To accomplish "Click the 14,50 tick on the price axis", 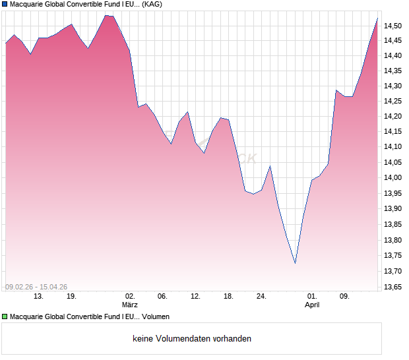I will [x=394, y=26].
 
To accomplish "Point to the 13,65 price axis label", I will [x=394, y=287].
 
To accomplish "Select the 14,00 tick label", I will [x=394, y=178].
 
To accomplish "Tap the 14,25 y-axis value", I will [x=394, y=101].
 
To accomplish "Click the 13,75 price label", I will [x=394, y=256].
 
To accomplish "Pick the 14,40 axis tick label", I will [x=394, y=55].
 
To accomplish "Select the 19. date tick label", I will [x=71, y=297].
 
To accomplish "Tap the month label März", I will [x=130, y=305].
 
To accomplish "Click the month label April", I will [x=312, y=305].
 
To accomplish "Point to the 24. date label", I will [x=261, y=297].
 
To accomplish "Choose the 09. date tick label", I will [x=344, y=297].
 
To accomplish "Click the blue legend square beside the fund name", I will [x=5, y=4].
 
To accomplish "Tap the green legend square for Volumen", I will [x=5, y=317].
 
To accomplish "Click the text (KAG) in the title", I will [x=152, y=4].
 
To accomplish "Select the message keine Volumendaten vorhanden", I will [x=192, y=339].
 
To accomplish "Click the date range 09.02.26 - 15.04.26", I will [x=36, y=287].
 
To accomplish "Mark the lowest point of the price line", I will [x=295, y=263].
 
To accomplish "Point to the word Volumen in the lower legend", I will [x=156, y=317].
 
